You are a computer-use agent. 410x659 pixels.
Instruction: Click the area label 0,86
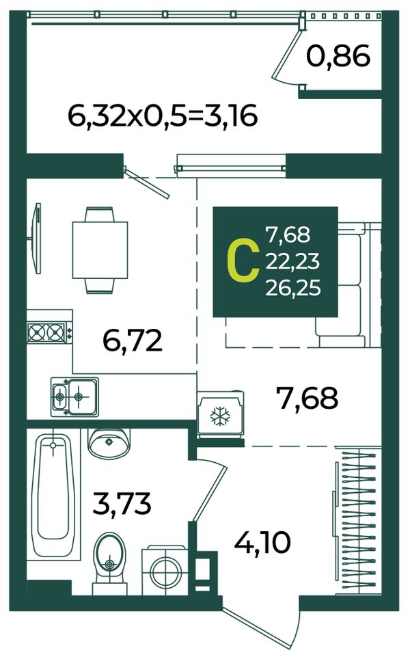click(x=338, y=57)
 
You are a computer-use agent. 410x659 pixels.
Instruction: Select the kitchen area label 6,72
click(x=133, y=340)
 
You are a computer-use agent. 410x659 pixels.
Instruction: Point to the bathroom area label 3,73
click(x=122, y=504)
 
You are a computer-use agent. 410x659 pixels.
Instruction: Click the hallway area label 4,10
click(x=262, y=542)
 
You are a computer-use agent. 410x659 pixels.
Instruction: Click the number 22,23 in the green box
click(x=292, y=261)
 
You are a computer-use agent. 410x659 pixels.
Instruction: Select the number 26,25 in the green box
click(x=293, y=288)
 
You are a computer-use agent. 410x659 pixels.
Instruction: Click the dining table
click(x=100, y=250)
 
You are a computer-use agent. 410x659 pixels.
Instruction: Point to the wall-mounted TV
click(x=37, y=239)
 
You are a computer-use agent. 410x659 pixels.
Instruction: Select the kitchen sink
click(x=74, y=396)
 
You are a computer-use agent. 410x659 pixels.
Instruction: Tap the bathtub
click(x=53, y=494)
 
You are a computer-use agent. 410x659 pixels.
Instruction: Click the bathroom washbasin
click(x=109, y=442)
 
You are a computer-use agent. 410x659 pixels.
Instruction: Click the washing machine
click(x=165, y=571)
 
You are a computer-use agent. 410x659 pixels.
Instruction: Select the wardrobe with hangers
click(x=358, y=521)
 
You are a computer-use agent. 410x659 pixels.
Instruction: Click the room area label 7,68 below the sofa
click(x=307, y=398)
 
